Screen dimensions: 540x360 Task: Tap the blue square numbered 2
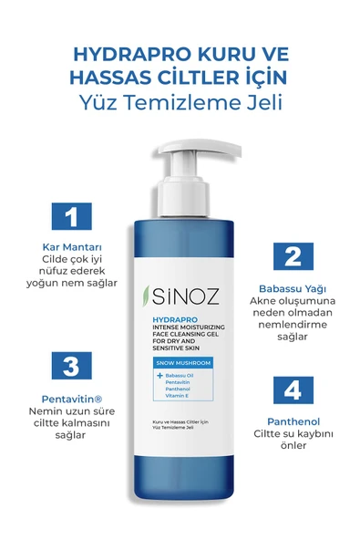[x=292, y=255]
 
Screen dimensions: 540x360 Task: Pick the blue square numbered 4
[x=292, y=389]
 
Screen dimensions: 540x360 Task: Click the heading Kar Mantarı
[x=67, y=247]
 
